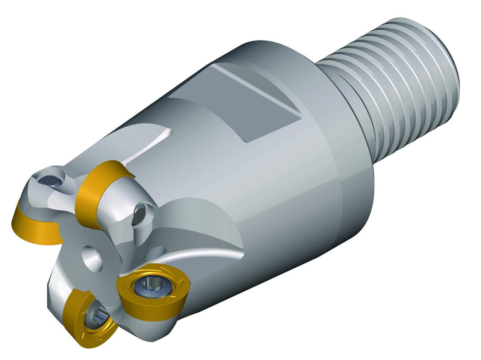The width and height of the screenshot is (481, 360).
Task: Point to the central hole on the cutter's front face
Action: pos(92,260)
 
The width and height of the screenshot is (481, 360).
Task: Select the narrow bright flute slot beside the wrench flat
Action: pos(150,147)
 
